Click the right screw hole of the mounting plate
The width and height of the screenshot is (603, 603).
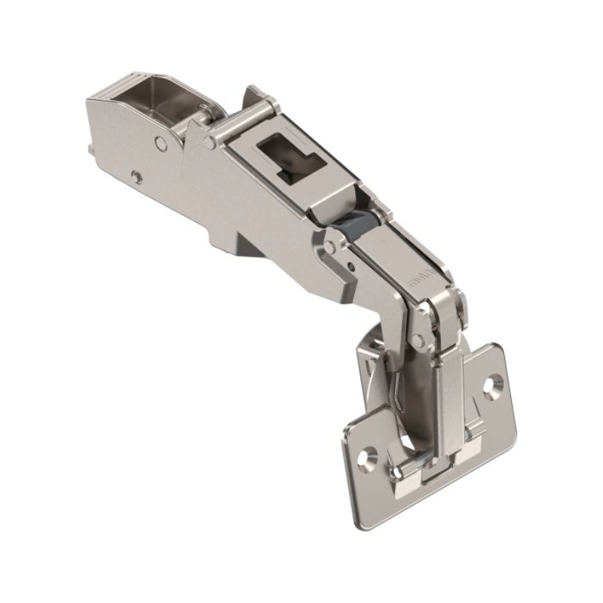(495, 384)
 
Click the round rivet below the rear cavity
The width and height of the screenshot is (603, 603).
(159, 142)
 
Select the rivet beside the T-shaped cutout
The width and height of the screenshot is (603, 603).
(210, 141)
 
